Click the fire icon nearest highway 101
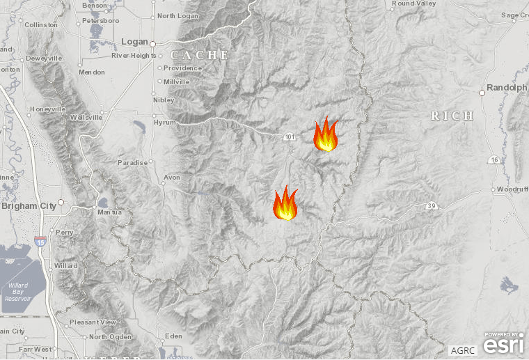(x=325, y=134)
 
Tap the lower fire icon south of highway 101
(x=285, y=203)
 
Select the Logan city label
(x=134, y=42)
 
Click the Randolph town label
(x=507, y=88)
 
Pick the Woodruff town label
(x=514, y=189)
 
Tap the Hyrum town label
(x=165, y=121)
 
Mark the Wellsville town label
(x=86, y=118)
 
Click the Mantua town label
(x=109, y=212)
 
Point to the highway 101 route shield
(x=289, y=136)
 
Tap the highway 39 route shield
(x=431, y=205)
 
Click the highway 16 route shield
(x=494, y=160)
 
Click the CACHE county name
(x=200, y=55)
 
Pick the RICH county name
(x=452, y=116)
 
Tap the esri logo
(x=504, y=345)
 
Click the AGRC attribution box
(x=464, y=350)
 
